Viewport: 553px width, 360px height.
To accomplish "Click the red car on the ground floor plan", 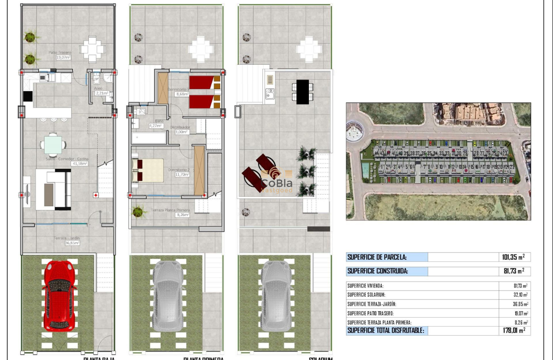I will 60,294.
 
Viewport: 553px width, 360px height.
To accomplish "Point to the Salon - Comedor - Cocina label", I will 66,161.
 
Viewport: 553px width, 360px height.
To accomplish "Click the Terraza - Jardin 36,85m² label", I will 66,240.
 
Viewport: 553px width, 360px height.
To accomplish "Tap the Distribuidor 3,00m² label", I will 180,130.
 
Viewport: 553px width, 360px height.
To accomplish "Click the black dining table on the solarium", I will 303,92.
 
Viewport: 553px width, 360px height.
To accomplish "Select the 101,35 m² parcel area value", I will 513,257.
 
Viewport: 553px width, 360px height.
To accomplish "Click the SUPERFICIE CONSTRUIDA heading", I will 377,271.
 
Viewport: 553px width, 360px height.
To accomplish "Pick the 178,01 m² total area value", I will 513,330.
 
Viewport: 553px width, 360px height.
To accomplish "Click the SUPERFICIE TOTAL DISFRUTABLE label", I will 385,330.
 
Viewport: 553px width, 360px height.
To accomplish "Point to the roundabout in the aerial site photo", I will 355,132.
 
